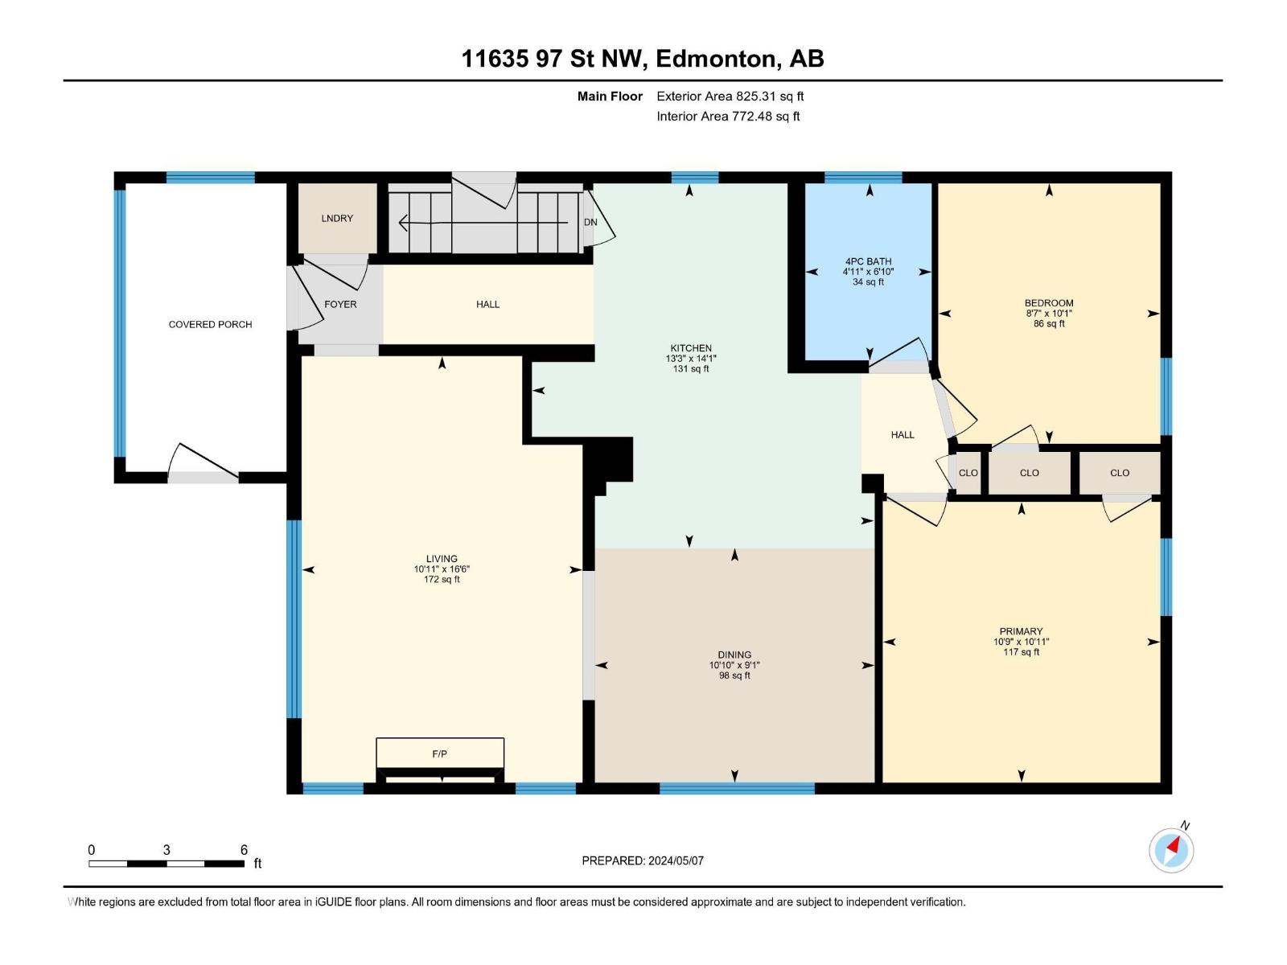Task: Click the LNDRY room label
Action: click(337, 219)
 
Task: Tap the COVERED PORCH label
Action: click(211, 325)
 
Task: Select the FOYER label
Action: click(341, 304)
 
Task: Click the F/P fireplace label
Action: click(440, 754)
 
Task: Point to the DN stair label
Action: click(590, 223)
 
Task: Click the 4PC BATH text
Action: click(869, 261)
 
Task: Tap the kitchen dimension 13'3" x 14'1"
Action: click(691, 359)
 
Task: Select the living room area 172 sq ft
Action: click(442, 580)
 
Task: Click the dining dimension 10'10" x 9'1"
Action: click(734, 665)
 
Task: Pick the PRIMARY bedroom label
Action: click(1022, 631)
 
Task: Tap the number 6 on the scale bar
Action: click(244, 849)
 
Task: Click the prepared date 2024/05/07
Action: click(676, 860)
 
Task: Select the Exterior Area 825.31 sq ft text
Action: click(730, 96)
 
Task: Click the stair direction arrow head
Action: click(403, 223)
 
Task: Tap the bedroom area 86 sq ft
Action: click(1050, 323)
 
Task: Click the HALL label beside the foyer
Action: click(487, 304)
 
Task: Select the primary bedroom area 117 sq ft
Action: click(1022, 651)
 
